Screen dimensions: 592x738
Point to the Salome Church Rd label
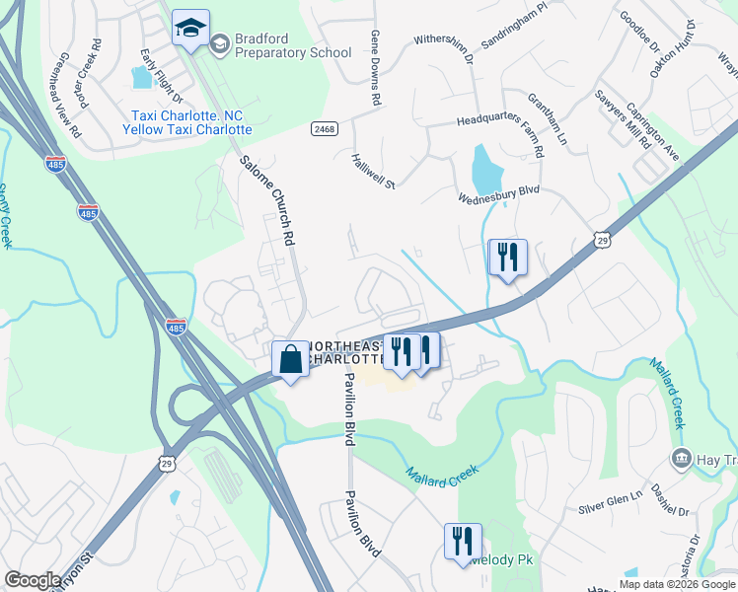[x=269, y=200]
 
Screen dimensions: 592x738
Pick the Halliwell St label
[x=373, y=171]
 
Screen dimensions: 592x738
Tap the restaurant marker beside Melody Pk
[x=463, y=542]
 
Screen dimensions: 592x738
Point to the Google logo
[x=33, y=580]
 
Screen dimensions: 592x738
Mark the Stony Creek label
[x=5, y=216]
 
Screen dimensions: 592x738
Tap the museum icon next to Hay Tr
[x=681, y=458]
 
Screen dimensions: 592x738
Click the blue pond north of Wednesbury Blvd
[x=486, y=170]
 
